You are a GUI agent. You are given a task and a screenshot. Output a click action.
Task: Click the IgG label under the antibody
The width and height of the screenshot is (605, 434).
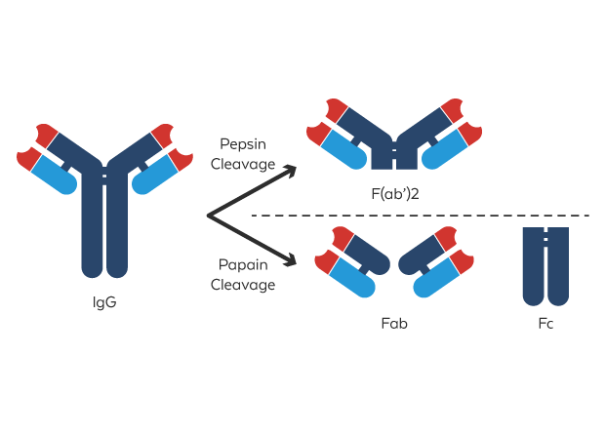tap(104, 302)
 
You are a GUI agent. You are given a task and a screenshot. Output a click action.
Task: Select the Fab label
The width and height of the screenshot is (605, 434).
tap(394, 323)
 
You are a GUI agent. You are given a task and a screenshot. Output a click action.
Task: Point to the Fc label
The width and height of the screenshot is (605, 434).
tap(545, 323)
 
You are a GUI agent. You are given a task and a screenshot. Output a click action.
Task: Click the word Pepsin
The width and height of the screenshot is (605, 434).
tap(243, 143)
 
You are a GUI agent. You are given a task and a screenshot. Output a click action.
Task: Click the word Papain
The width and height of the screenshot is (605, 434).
tap(243, 264)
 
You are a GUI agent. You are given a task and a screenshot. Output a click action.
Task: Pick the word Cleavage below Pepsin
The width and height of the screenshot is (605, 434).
tap(243, 165)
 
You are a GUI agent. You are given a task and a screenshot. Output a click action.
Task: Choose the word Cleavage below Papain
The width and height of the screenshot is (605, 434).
tap(243, 286)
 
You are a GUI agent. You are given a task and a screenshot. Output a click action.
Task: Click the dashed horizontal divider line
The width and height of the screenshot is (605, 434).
tap(420, 215)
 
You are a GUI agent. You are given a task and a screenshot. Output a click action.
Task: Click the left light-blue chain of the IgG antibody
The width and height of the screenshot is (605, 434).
tap(54, 176)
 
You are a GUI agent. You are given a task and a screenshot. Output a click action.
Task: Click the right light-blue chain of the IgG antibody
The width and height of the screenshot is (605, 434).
tap(155, 176)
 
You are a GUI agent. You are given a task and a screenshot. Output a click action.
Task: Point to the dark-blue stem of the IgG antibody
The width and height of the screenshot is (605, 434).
tap(104, 234)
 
